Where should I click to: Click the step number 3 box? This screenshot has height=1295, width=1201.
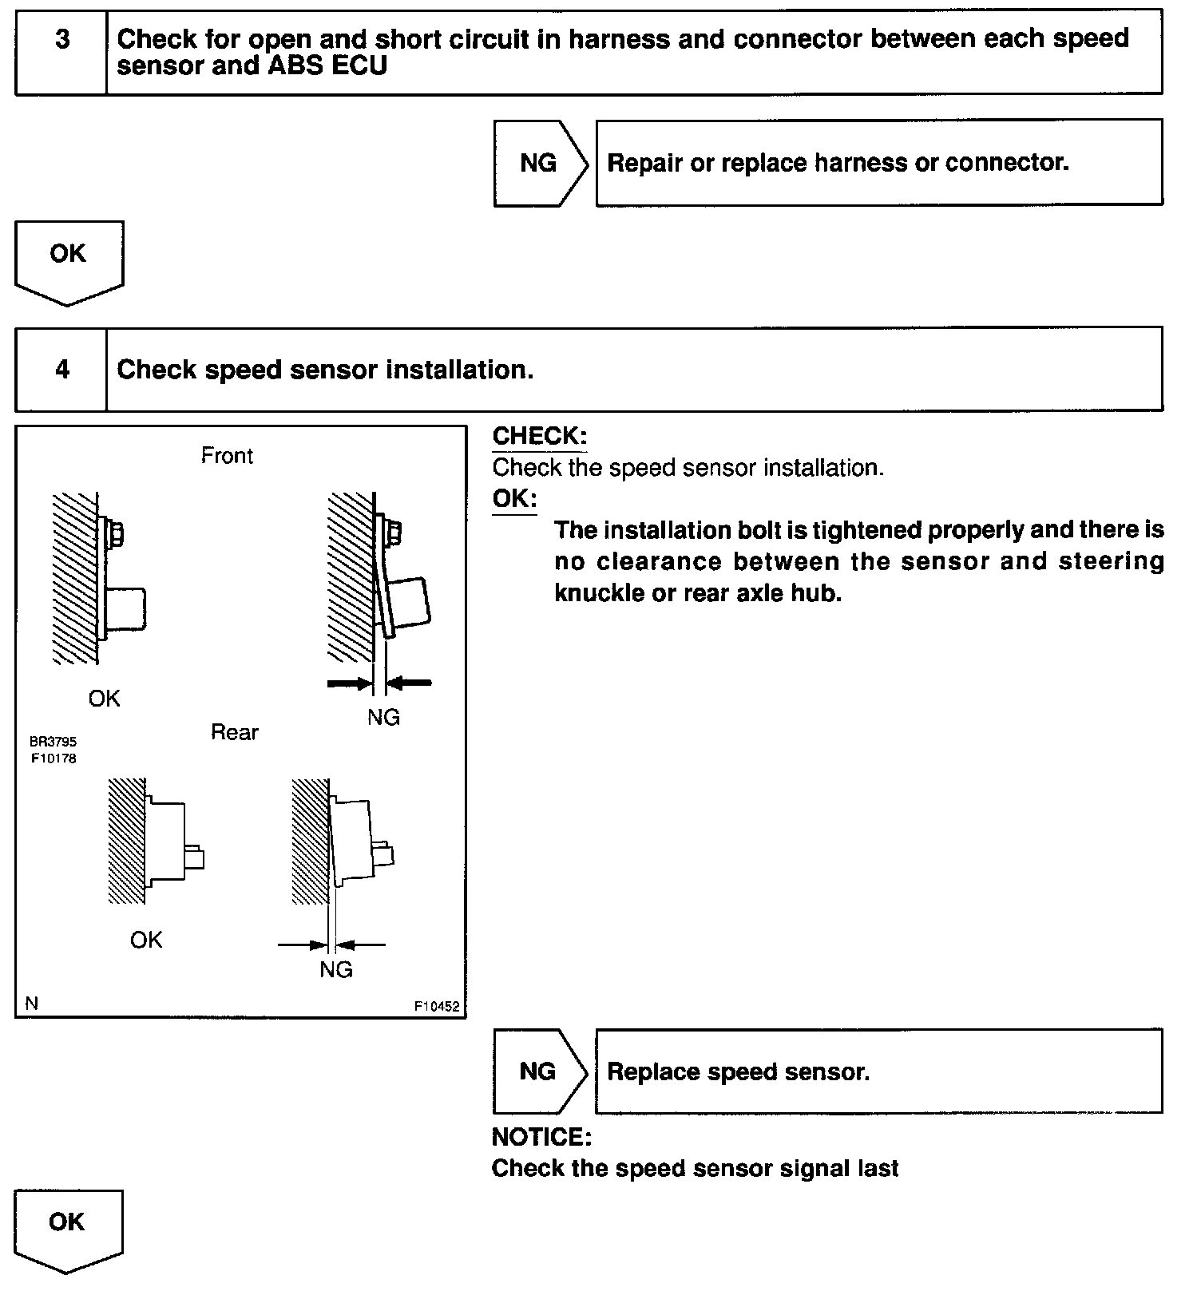click(61, 52)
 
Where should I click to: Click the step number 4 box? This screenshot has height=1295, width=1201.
click(61, 369)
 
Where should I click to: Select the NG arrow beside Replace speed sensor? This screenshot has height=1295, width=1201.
click(541, 1071)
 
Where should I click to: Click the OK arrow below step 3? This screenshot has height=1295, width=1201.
click(69, 263)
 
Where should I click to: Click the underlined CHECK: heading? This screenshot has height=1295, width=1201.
click(540, 436)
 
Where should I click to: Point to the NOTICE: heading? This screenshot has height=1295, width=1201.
click(541, 1137)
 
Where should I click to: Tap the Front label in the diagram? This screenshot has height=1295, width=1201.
click(227, 455)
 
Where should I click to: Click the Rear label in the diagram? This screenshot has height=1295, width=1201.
click(235, 732)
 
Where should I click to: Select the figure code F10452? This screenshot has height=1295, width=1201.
click(437, 1007)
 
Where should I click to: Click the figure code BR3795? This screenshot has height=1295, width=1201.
click(54, 742)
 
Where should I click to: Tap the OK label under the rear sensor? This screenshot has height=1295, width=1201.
click(146, 940)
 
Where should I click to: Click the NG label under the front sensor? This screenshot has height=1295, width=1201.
click(383, 717)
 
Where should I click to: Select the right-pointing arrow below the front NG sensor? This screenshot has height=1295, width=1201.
click(350, 683)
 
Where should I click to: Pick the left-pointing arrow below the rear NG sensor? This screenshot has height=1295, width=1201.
click(361, 945)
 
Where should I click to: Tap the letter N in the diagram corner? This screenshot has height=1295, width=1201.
click(32, 1004)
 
